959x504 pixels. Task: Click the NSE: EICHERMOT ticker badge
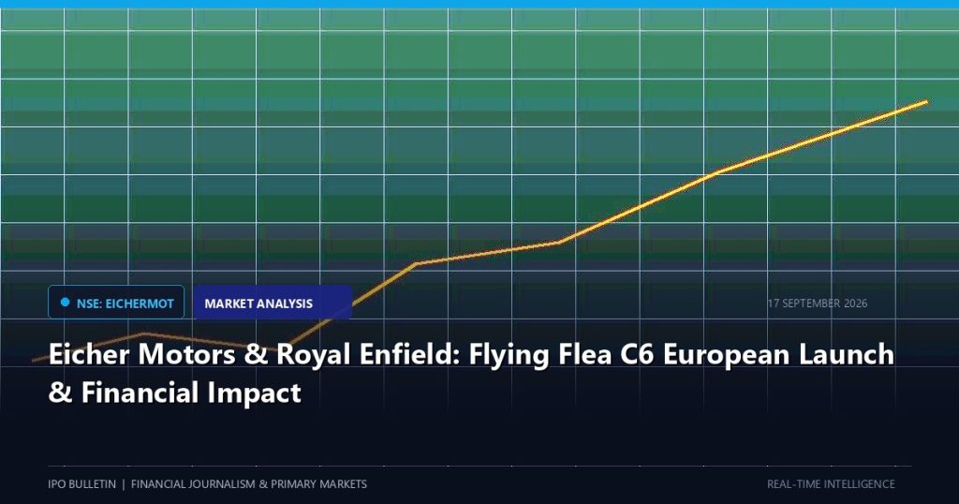click(x=116, y=303)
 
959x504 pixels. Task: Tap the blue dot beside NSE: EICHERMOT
click(x=65, y=303)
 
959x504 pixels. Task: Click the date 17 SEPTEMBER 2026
click(x=818, y=304)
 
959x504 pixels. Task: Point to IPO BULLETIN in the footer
click(x=82, y=483)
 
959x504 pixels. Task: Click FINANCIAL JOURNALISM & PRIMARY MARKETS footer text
click(x=249, y=483)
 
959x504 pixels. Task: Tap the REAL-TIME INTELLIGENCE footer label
click(x=831, y=483)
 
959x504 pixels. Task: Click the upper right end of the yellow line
click(x=926, y=101)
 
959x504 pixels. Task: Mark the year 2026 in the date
click(x=856, y=304)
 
